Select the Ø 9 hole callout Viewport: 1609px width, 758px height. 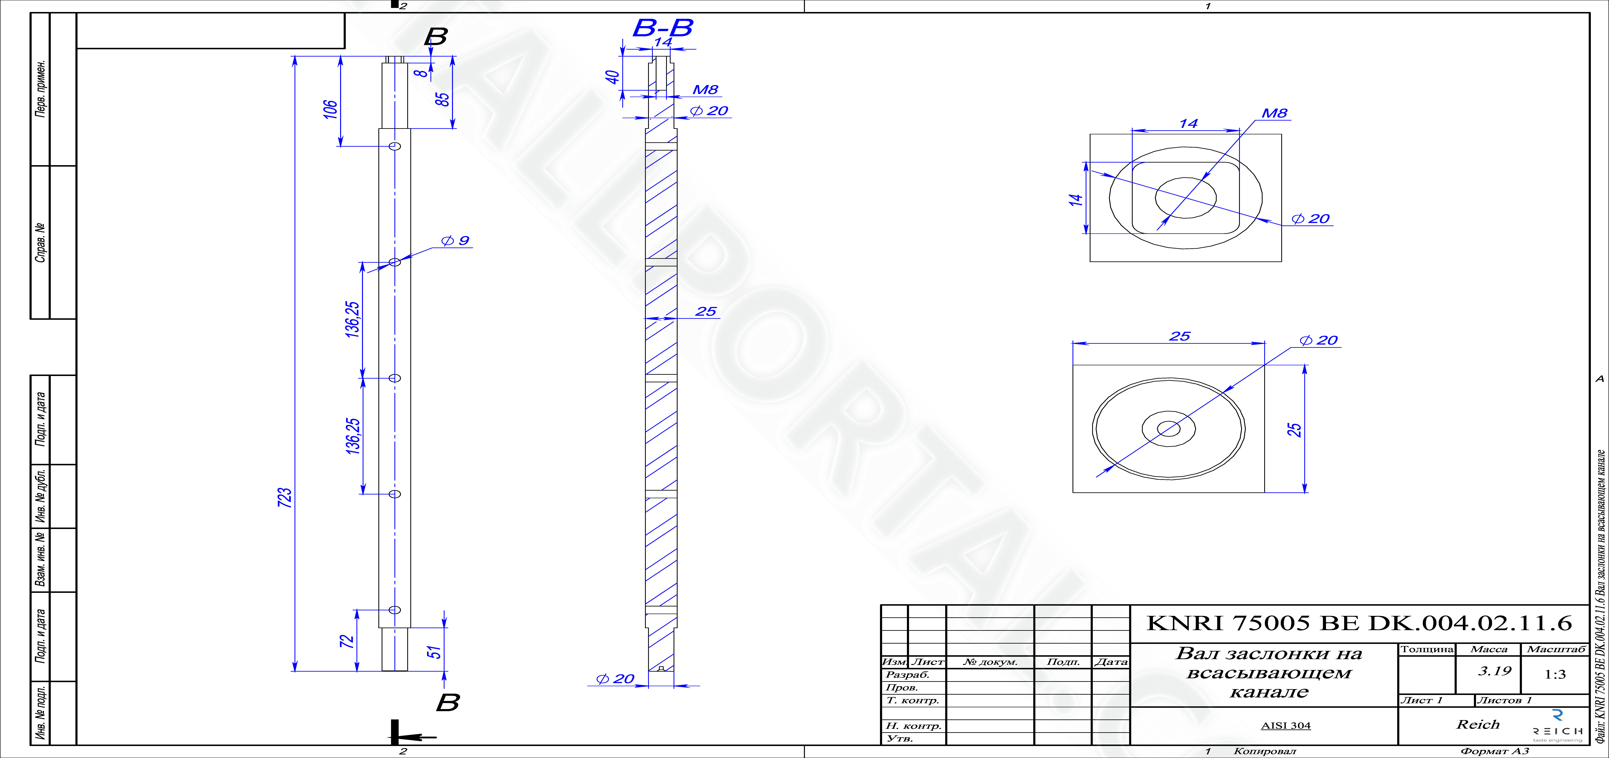point(455,240)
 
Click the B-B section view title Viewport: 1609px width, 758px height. point(663,28)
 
